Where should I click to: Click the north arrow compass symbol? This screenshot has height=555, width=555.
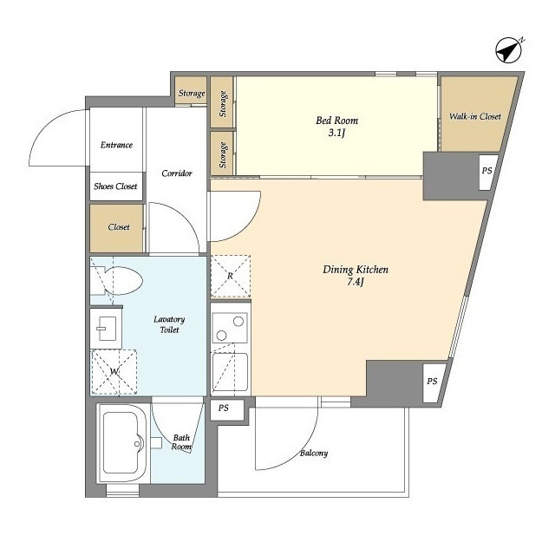(x=509, y=50)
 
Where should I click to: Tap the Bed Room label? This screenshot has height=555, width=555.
(x=336, y=121)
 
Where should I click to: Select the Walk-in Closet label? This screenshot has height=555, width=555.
(x=475, y=116)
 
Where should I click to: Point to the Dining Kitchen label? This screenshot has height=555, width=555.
(x=356, y=270)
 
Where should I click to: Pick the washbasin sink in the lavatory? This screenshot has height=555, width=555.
(x=106, y=329)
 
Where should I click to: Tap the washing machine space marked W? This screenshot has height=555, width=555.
(x=114, y=372)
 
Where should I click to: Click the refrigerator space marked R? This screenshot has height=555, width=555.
(x=231, y=276)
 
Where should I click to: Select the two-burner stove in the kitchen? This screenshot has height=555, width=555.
(x=230, y=328)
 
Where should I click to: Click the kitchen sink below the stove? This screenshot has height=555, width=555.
(x=230, y=372)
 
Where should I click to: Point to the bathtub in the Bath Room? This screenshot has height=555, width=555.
(x=122, y=443)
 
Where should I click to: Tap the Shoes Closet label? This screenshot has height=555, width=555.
(x=115, y=186)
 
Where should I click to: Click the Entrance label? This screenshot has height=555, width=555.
(x=116, y=145)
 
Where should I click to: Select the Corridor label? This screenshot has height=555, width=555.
(x=177, y=173)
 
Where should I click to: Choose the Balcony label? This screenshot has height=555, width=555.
(x=314, y=453)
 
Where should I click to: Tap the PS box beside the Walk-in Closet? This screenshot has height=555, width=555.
(x=487, y=172)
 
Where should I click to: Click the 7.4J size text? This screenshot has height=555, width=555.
(x=356, y=282)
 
